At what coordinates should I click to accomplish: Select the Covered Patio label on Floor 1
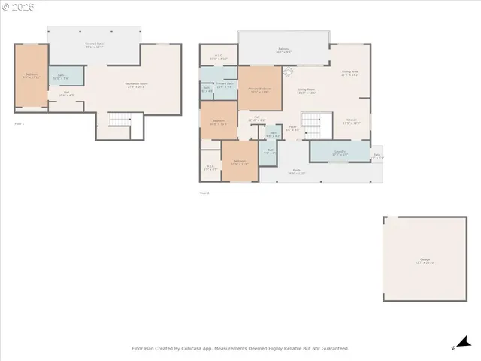(94, 46)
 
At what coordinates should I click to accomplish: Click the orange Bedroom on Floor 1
(32, 76)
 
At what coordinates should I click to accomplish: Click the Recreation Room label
(136, 85)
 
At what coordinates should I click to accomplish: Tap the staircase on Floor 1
(119, 120)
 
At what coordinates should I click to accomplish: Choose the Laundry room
(340, 152)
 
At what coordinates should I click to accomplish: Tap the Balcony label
(283, 51)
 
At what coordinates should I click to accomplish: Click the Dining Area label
(349, 73)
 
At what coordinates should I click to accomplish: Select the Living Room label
(306, 91)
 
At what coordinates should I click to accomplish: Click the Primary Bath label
(225, 84)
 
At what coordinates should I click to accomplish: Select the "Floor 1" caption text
(20, 123)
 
